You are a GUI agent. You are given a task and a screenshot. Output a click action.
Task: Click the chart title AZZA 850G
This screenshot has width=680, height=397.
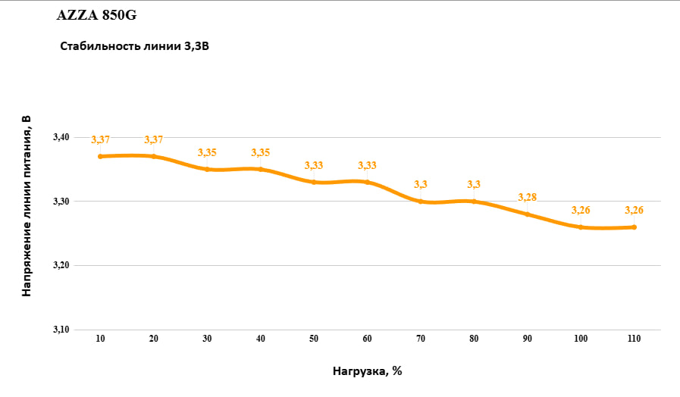(x=96, y=15)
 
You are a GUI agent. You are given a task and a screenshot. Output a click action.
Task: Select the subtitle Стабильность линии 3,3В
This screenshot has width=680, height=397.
(x=134, y=46)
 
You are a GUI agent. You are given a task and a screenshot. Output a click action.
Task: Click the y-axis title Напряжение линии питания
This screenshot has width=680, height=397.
(x=27, y=205)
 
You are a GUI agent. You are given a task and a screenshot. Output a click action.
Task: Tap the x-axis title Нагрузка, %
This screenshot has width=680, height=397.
(x=367, y=371)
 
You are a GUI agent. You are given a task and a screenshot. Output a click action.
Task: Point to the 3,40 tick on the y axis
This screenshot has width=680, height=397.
(x=61, y=137)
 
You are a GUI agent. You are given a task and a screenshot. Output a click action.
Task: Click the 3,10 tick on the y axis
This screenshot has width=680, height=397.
(x=61, y=330)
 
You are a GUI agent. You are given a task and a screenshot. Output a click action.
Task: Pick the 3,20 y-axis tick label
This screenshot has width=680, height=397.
(x=61, y=265)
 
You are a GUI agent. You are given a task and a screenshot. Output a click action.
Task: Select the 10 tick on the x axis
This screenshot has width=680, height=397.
(x=100, y=339)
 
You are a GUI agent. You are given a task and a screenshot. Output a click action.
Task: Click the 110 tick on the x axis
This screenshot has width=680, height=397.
(x=634, y=339)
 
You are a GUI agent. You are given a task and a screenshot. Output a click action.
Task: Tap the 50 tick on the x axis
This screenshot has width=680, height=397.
(x=314, y=339)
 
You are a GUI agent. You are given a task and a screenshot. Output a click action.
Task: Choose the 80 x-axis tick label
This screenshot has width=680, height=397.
(x=474, y=339)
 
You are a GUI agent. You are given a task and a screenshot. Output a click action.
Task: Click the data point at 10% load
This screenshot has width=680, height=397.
(x=100, y=156)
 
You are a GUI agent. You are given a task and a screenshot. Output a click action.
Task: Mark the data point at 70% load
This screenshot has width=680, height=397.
(x=421, y=201)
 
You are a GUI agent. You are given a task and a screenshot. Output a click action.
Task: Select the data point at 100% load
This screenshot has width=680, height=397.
(x=581, y=227)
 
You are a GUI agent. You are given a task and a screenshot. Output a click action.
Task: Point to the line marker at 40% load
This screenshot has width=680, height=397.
(x=261, y=169)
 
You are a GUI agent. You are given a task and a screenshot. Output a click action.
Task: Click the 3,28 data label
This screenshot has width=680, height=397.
(x=528, y=197)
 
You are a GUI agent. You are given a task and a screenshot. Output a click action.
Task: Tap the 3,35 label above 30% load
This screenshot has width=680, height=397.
(x=207, y=152)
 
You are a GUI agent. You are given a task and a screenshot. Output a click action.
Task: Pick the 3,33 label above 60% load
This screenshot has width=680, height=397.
(x=367, y=165)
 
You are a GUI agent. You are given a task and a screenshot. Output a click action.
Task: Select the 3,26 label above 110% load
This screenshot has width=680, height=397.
(x=634, y=210)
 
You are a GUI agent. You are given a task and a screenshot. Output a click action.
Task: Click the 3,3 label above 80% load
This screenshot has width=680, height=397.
(x=474, y=184)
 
